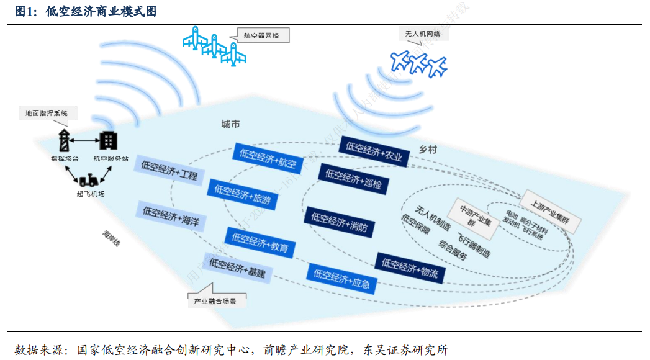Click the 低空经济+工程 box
tap(169, 169)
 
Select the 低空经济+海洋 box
tap(171, 215)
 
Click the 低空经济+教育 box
tap(260, 242)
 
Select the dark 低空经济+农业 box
tap(374, 151)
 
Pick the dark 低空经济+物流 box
tap(410, 268)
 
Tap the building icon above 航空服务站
tap(108, 140)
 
